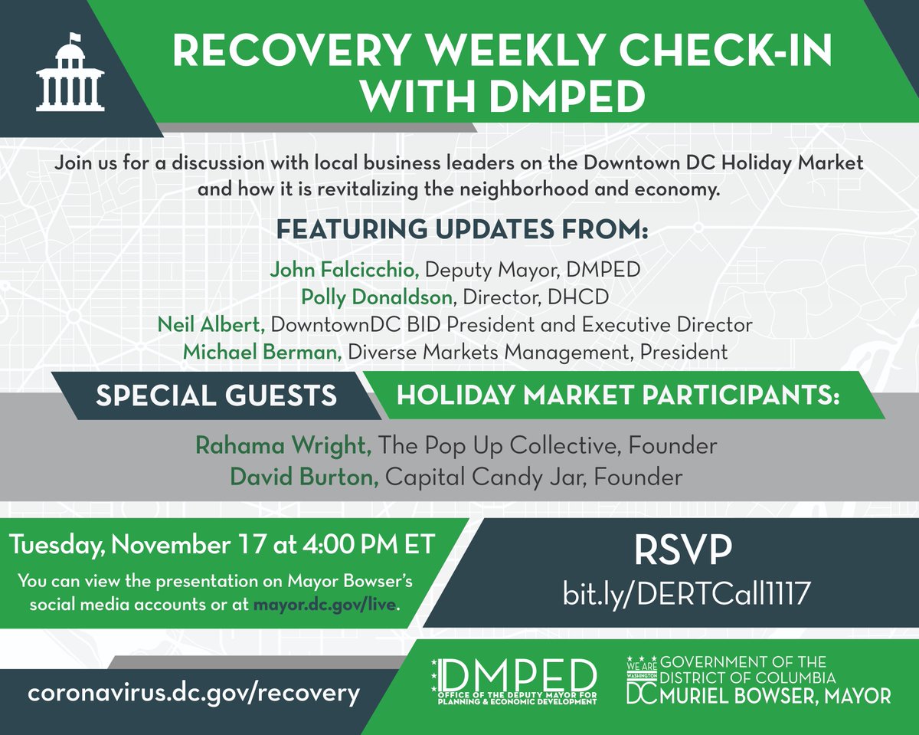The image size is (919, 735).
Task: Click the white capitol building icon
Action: click(x=70, y=73)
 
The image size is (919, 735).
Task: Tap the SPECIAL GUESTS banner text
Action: click(x=216, y=395)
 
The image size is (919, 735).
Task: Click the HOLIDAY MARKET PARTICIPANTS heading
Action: click(x=618, y=396)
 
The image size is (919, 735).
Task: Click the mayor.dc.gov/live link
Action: click(x=325, y=605)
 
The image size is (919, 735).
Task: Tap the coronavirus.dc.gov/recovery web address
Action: click(x=193, y=694)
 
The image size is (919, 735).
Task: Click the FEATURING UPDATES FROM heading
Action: click(x=462, y=230)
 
